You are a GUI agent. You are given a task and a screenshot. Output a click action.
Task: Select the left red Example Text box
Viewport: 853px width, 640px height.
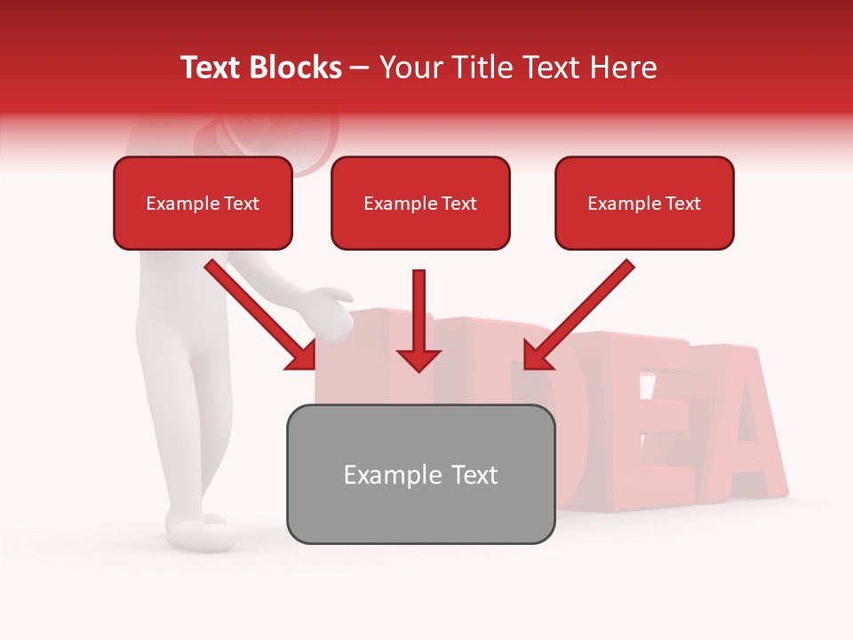(203, 204)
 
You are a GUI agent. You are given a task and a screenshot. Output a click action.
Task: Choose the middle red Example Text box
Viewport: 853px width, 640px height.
(420, 204)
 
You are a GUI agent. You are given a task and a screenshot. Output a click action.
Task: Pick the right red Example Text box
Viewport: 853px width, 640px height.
(644, 204)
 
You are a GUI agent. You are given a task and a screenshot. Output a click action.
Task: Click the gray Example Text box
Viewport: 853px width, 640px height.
(420, 475)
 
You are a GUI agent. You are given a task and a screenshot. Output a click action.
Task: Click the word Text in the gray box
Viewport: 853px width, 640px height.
(471, 475)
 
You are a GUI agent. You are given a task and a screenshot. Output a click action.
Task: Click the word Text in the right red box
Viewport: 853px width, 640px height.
(682, 204)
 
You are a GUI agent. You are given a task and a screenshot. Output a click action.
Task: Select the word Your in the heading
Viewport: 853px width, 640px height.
(407, 68)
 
